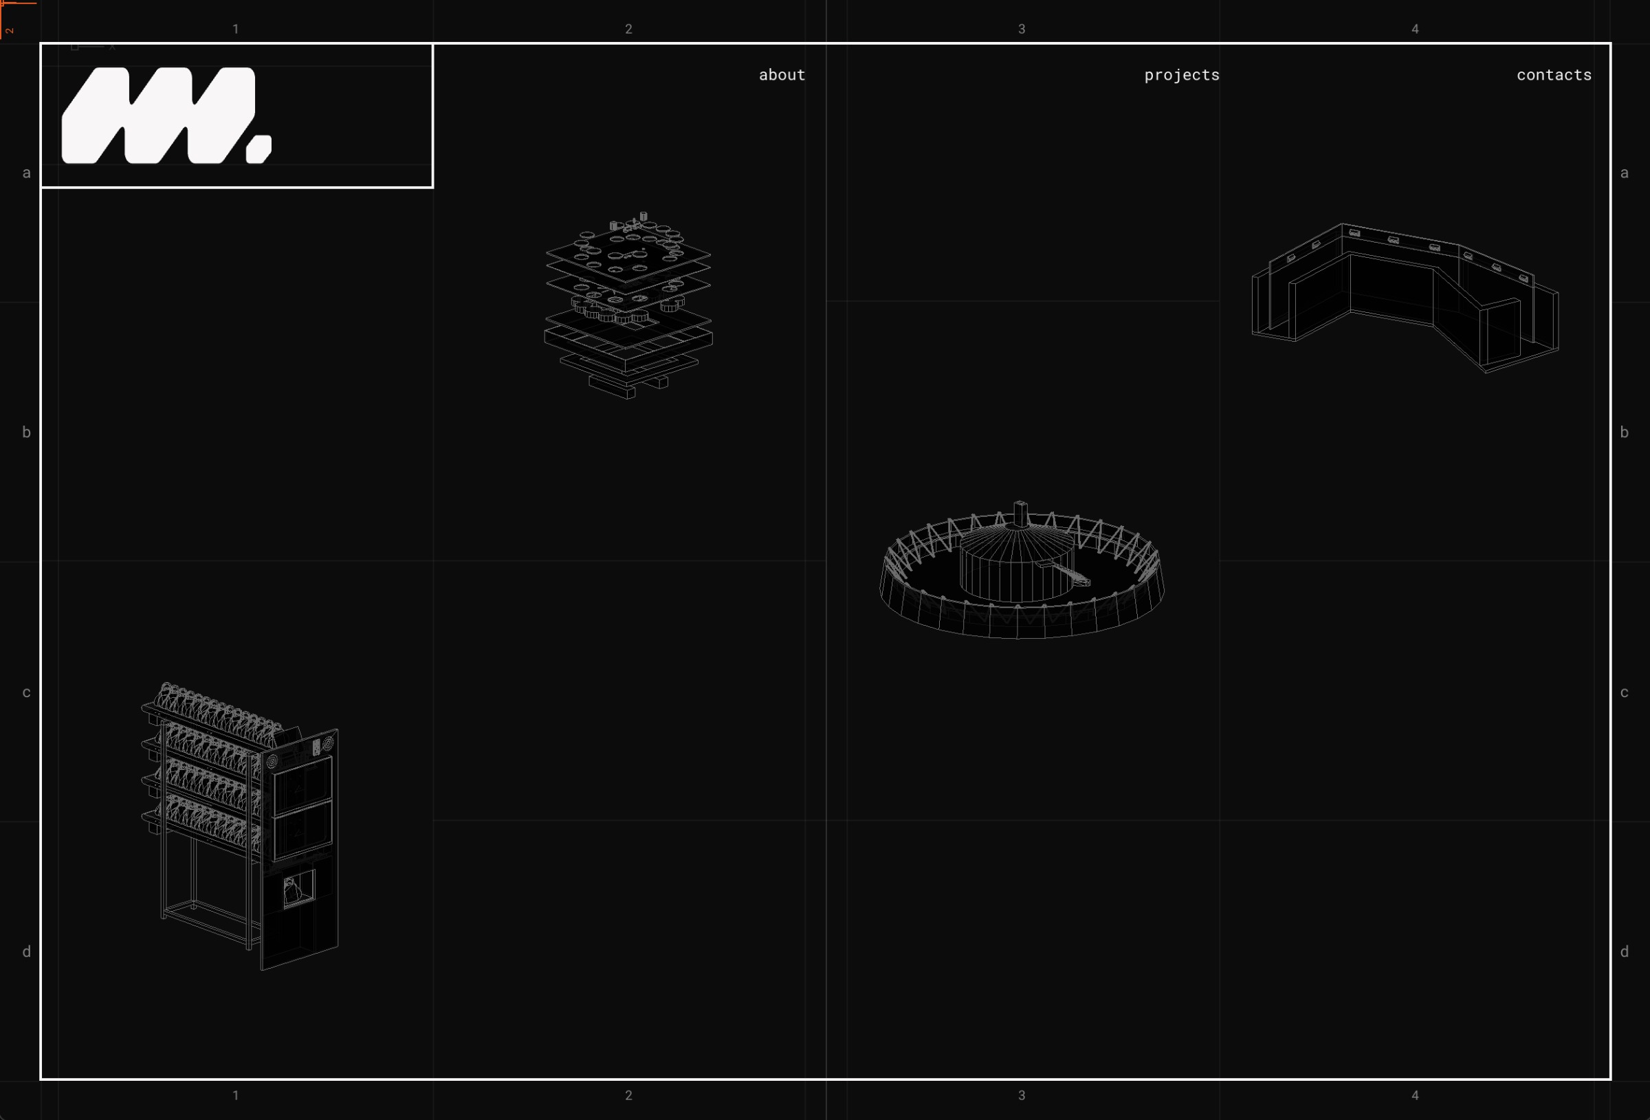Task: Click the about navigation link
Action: [782, 74]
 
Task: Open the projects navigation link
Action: [1181, 74]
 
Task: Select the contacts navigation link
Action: [1554, 74]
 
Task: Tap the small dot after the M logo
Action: [258, 149]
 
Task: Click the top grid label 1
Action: [236, 29]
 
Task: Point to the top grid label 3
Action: [1022, 29]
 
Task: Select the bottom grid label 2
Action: [628, 1095]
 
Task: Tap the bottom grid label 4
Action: [1415, 1095]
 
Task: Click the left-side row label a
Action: [26, 173]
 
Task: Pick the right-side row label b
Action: [1625, 432]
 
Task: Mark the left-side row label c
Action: [26, 692]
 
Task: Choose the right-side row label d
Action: [1625, 952]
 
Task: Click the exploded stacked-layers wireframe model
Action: [628, 305]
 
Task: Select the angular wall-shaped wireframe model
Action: [1405, 298]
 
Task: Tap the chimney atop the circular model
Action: [1020, 513]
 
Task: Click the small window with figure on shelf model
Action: [298, 888]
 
